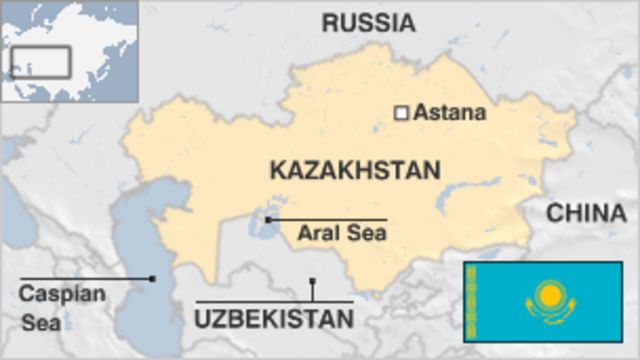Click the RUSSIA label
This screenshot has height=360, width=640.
(x=369, y=22)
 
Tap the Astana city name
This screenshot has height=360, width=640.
(x=450, y=112)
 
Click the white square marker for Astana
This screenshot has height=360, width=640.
(x=401, y=113)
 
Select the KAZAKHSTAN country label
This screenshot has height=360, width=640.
(x=355, y=170)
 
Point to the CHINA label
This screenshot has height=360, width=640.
(x=586, y=212)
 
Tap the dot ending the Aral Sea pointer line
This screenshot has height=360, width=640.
(x=268, y=219)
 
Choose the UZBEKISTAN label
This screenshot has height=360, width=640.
(x=274, y=320)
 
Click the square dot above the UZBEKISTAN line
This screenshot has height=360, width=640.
(x=312, y=282)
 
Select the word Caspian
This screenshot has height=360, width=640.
(x=47, y=294)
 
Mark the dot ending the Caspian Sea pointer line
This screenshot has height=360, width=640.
(x=152, y=278)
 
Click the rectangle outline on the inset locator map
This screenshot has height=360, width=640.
(x=40, y=62)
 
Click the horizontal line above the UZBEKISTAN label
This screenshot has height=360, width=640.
(x=274, y=301)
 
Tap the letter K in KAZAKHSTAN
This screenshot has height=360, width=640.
(x=277, y=170)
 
